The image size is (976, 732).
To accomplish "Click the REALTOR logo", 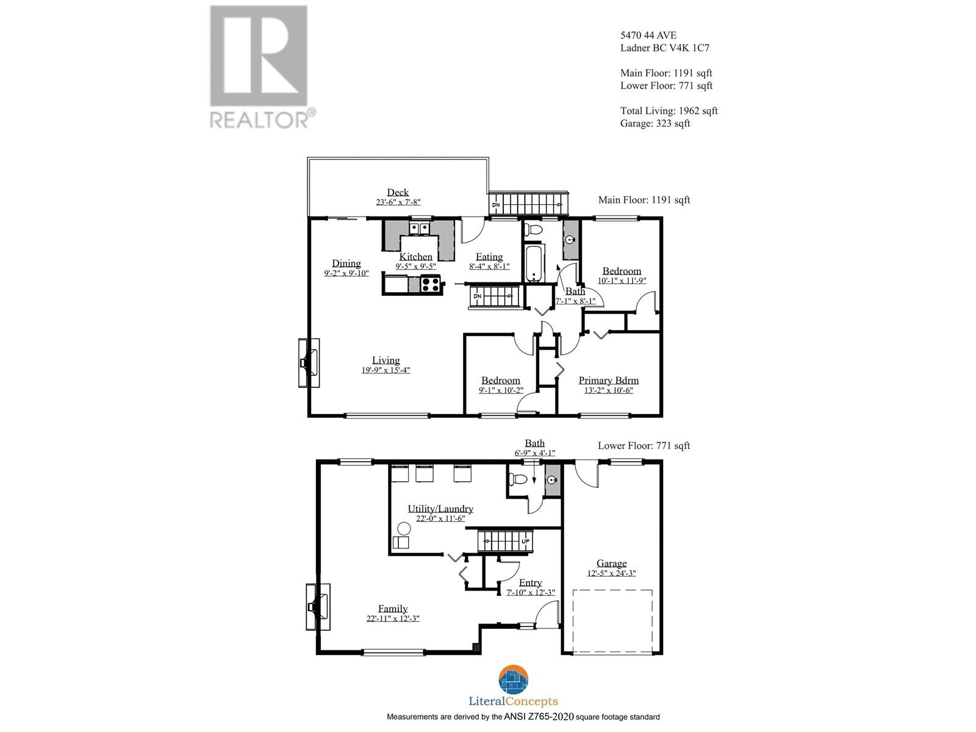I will (260, 66).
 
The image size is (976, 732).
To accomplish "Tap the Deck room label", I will (398, 192).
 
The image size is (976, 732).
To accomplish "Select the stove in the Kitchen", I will (431, 284).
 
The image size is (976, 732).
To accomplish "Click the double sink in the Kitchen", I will (419, 229).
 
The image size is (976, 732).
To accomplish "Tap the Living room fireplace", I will (309, 363).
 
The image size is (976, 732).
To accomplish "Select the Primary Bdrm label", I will (608, 380).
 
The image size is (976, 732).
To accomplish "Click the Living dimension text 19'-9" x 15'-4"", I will (386, 370).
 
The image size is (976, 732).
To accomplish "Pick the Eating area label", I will (489, 257).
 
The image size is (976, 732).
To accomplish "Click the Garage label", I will (611, 564).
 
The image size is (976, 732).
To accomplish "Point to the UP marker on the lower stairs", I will (526, 541).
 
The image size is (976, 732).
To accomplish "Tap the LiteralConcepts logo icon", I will (514, 679).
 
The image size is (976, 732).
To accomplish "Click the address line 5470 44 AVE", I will (648, 35).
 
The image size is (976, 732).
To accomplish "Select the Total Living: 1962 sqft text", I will (669, 110).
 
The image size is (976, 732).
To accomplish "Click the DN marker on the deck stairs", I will (497, 205).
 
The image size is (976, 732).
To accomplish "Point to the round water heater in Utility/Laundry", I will (404, 528).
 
